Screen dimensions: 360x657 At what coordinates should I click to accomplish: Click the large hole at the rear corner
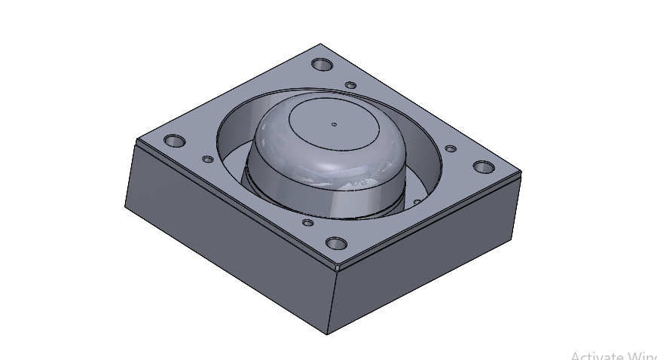(x=322, y=65)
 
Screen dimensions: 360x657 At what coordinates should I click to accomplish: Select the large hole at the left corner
(x=175, y=141)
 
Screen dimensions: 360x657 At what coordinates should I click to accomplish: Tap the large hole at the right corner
(x=484, y=167)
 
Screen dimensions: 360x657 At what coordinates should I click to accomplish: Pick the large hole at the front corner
(x=336, y=244)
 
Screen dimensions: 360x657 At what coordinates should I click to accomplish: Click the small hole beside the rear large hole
(x=350, y=85)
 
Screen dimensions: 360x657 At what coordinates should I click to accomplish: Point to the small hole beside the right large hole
(x=451, y=149)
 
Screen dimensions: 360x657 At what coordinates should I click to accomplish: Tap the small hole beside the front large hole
(x=307, y=222)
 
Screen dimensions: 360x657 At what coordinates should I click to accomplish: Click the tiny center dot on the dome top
(x=335, y=124)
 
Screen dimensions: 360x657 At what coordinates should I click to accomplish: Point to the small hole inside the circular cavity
(x=416, y=202)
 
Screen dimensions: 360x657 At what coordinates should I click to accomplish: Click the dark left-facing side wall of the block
(x=226, y=241)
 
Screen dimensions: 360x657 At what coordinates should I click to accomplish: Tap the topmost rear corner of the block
(x=321, y=44)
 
